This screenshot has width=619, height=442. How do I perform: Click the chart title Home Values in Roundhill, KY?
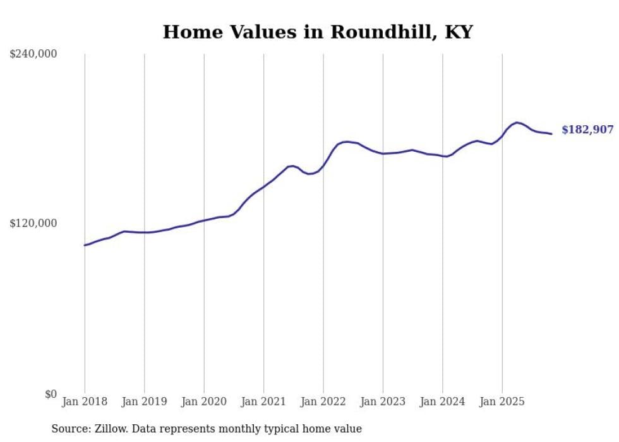coord(318,32)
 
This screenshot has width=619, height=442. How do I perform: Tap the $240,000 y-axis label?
coord(33,54)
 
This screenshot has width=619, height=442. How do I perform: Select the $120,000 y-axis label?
coord(33,224)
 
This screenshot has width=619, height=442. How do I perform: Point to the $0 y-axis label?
coord(51,394)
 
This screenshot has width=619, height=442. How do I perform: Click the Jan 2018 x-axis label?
coord(85,402)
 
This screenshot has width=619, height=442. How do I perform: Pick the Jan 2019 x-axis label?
coord(145,402)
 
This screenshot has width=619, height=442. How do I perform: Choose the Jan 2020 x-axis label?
coord(204,402)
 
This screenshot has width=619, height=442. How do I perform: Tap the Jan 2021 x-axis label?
coord(263,402)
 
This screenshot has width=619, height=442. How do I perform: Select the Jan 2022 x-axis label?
coord(323,402)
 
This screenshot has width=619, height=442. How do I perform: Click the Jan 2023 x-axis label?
coord(383,402)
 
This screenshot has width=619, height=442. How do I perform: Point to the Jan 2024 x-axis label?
coord(443,402)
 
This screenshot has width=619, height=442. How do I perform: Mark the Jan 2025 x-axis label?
coord(502,402)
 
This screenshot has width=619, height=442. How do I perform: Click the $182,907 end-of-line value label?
coord(587,130)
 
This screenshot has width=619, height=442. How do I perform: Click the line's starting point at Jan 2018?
coord(85,245)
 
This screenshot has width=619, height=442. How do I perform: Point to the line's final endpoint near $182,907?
coord(551,133)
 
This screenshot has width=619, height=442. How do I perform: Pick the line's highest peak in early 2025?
coord(517,123)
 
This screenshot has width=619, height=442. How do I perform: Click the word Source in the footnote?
coord(68,429)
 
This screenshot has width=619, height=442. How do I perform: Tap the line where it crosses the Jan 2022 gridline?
coord(323,166)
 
